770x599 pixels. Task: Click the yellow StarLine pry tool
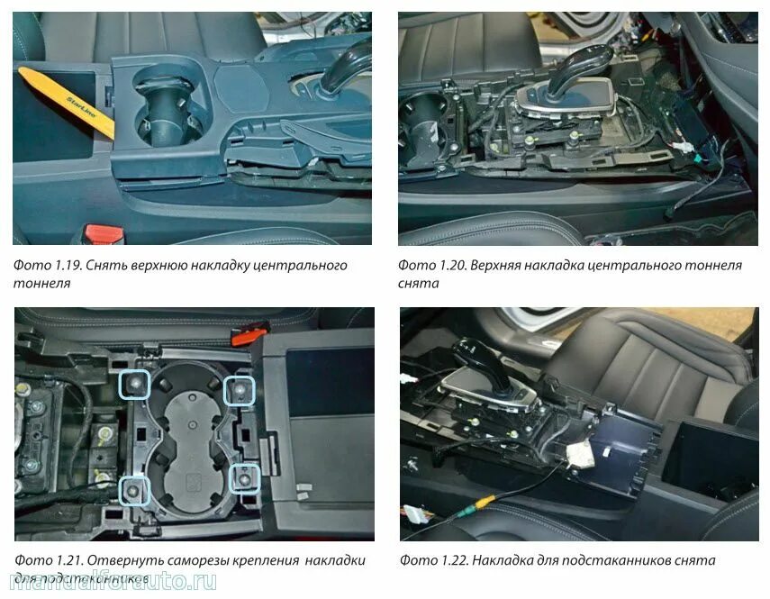(63, 95)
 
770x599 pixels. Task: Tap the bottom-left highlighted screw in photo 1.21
(136, 489)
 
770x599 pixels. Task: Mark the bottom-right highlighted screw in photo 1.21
(244, 477)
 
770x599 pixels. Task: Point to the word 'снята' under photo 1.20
(419, 283)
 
